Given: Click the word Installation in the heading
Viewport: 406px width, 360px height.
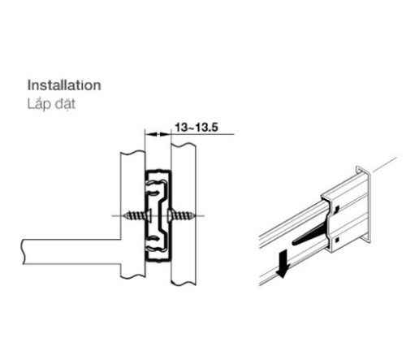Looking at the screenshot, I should (x=63, y=85).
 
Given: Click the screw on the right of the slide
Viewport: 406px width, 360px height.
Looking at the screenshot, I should (x=182, y=215).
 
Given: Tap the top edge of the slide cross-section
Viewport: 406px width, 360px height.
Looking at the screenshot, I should (x=158, y=171).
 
